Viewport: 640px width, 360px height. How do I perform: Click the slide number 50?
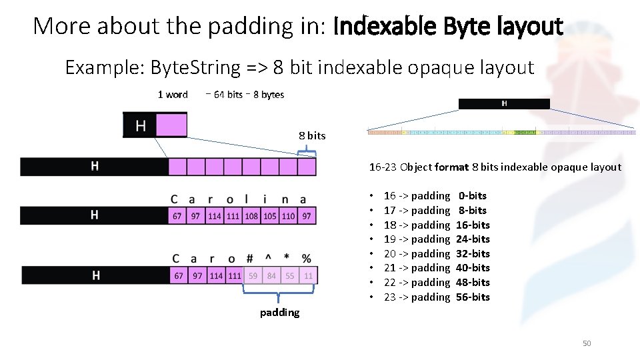point(587,343)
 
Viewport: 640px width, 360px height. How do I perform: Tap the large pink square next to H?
point(171,125)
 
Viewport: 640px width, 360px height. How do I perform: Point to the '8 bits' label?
point(312,135)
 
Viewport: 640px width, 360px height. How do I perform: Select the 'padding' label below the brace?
point(279,312)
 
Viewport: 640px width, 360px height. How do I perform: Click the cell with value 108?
point(251,216)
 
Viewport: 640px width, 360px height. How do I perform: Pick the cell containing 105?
point(269,216)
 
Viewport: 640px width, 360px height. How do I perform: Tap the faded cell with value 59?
point(253,275)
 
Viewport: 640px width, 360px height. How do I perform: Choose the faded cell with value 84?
point(271,275)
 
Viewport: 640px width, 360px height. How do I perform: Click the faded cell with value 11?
point(307,275)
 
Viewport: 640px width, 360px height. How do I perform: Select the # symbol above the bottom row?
point(249,258)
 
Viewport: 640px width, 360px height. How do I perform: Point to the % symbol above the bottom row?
point(306,258)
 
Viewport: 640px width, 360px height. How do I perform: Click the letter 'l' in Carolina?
point(248,199)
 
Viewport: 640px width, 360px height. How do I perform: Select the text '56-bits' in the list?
point(473,297)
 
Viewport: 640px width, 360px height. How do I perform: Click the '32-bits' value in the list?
point(473,253)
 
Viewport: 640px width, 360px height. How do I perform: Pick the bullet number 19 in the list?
point(390,239)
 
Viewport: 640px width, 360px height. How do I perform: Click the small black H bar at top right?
point(504,103)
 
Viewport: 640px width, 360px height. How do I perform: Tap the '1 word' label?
point(173,95)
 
